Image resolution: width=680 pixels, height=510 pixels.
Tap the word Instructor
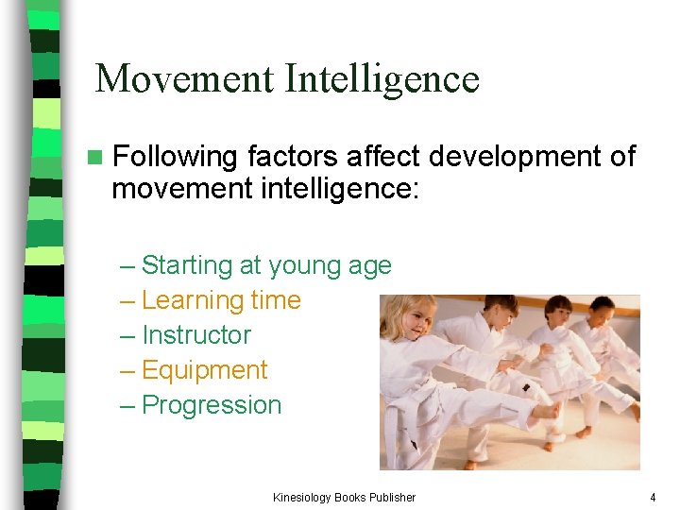point(195,335)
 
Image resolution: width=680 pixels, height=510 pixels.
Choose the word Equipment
point(204,370)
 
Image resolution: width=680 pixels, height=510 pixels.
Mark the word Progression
point(211,405)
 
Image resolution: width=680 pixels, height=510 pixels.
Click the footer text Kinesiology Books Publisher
point(344,497)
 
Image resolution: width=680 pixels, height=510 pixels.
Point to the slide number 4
point(652,497)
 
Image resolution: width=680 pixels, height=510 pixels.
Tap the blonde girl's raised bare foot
point(545,411)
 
